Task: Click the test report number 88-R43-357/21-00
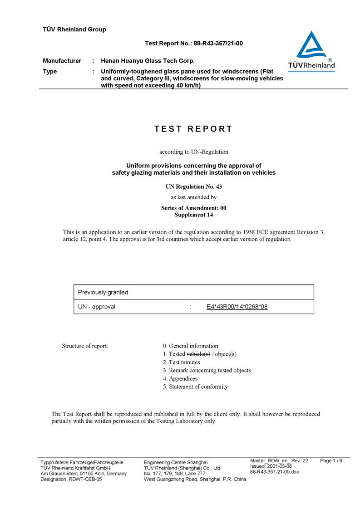[218, 44]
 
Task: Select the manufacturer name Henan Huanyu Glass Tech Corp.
[148, 61]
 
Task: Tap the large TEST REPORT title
[193, 129]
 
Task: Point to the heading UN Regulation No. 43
[193, 186]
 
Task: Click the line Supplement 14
[193, 215]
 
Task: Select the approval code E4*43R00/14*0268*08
[237, 307]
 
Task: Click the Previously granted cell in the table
[104, 292]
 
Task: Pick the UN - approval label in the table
[97, 307]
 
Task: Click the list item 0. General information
[190, 346]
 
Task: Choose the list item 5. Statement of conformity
[195, 387]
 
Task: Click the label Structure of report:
[85, 346]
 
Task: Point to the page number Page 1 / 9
[331, 461]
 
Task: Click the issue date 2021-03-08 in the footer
[280, 466]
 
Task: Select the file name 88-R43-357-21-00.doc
[275, 472]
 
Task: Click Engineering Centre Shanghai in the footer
[176, 462]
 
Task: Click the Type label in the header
[50, 72]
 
